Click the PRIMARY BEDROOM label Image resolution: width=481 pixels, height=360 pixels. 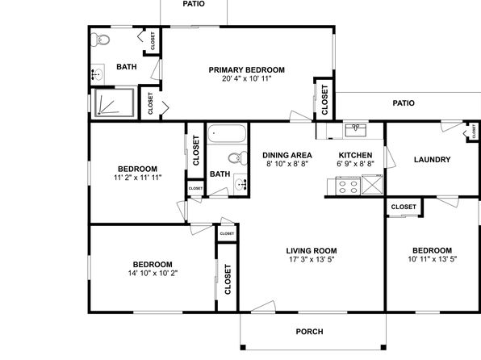247,70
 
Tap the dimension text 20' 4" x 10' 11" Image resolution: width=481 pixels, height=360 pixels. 247,78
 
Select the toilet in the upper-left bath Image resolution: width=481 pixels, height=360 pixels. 100,40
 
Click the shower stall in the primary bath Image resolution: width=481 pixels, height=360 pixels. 114,103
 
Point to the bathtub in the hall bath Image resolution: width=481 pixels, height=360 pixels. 227,133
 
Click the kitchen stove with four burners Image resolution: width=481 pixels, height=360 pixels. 348,186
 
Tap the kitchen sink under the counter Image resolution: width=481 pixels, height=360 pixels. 356,130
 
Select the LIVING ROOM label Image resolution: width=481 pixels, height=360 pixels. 312,251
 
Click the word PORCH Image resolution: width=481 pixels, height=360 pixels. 310,332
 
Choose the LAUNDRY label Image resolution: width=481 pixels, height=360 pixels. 433,160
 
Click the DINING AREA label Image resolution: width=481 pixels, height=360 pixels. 287,155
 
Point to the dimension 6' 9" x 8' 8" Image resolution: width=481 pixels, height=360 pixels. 356,164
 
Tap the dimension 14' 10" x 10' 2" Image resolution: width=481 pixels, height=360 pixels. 153,273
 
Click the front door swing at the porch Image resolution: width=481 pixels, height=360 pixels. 263,307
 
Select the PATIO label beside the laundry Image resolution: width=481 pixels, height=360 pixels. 404,103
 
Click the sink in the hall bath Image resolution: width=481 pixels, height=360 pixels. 240,184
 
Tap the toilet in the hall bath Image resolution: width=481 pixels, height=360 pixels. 238,158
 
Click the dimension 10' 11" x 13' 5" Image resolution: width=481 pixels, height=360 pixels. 433,259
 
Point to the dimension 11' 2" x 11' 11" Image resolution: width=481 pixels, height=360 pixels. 138,178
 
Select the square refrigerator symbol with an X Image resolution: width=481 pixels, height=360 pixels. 372,185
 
